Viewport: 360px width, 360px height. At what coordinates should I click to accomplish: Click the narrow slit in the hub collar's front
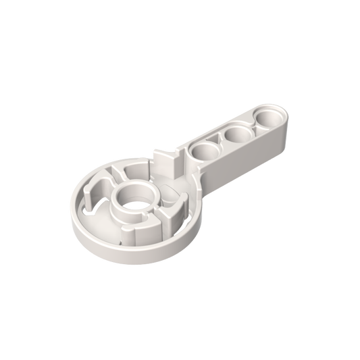(143, 217)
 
